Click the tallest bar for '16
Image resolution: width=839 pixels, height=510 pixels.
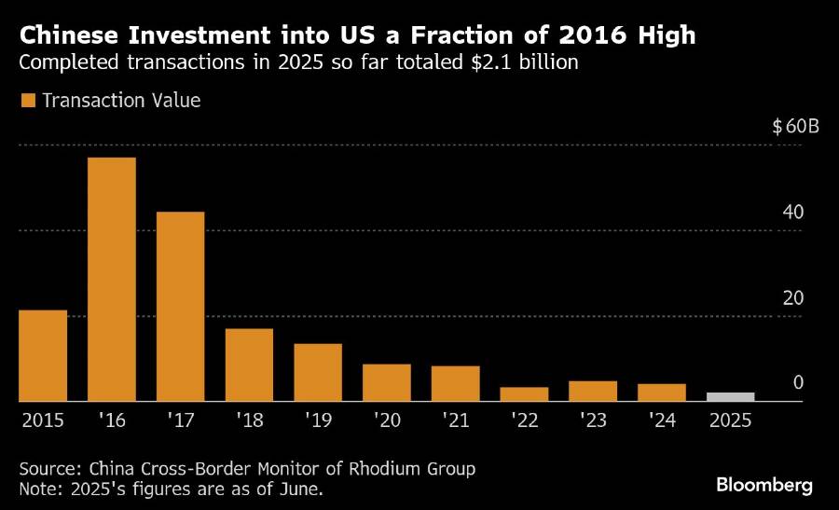(x=112, y=280)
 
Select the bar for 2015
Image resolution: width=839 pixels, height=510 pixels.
(x=43, y=355)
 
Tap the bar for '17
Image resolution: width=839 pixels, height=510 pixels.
(x=180, y=307)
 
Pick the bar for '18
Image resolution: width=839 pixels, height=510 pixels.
(x=249, y=365)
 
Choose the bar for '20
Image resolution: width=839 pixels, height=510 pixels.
(x=386, y=382)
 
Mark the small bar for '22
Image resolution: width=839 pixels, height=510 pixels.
(x=524, y=394)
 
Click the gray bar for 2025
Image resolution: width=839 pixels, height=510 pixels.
(x=730, y=397)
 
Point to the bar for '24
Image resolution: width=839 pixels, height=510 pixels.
(x=661, y=393)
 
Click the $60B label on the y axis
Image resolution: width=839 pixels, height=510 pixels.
(x=795, y=127)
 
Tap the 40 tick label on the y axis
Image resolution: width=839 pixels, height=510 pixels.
(x=793, y=213)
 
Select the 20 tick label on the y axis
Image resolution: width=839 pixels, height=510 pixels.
(x=793, y=298)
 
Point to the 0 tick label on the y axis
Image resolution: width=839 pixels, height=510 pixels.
(x=798, y=383)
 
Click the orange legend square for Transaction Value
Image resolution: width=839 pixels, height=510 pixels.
(x=28, y=100)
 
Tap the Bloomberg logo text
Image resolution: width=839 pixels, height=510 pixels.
(x=764, y=485)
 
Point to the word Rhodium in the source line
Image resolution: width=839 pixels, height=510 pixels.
(x=363, y=468)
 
